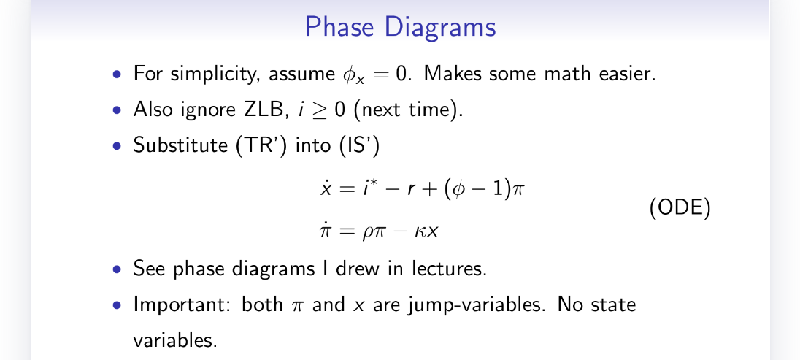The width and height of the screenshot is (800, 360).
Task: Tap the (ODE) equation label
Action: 680,208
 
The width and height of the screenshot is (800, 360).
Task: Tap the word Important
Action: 182,305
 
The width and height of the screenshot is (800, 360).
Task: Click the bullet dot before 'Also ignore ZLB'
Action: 118,110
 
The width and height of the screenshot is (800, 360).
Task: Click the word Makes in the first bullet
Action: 453,74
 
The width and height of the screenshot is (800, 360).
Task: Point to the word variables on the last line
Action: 175,340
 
